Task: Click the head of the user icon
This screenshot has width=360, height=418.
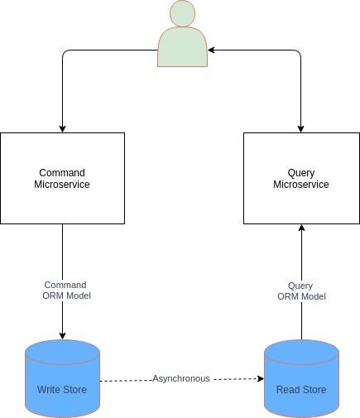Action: tap(183, 14)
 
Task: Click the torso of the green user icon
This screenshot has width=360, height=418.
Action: tap(183, 46)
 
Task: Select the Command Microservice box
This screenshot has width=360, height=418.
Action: tap(62, 178)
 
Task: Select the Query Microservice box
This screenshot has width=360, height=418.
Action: tap(301, 178)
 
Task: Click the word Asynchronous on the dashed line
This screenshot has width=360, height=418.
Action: tap(180, 378)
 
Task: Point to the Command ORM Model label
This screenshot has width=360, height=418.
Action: tap(65, 291)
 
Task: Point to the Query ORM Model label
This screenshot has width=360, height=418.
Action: tap(301, 291)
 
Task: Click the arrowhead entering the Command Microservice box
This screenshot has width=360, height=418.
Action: tap(63, 128)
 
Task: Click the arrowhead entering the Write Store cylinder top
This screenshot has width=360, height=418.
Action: tap(63, 335)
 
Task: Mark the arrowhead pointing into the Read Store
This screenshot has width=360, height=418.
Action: tap(259, 378)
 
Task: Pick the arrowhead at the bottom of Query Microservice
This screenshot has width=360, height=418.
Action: tap(301, 228)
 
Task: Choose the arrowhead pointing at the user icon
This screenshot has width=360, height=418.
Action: tap(212, 50)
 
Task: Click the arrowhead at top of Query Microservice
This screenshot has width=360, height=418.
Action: tap(301, 128)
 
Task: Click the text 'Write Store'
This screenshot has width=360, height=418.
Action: tap(61, 389)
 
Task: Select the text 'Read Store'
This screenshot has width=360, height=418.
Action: tap(301, 389)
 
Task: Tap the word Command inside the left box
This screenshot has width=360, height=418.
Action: tap(62, 173)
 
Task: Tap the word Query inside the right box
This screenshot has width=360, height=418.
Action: tap(301, 173)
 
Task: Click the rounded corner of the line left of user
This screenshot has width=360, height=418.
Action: tap(66, 54)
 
